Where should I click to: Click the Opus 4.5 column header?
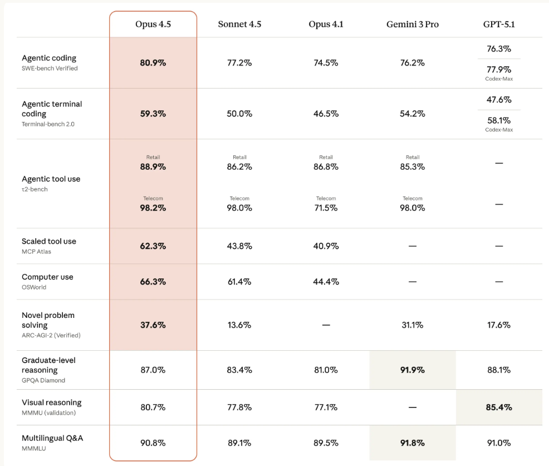[x=153, y=24]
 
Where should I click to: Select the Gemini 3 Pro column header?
[x=412, y=24]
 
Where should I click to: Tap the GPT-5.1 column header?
[x=499, y=24]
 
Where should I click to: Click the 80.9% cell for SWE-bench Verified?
[x=153, y=63]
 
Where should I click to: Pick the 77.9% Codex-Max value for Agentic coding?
[x=499, y=70]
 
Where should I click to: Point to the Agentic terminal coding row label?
[x=51, y=109]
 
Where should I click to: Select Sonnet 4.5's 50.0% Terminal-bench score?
[x=239, y=114]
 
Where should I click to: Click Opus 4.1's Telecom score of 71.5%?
[x=326, y=208]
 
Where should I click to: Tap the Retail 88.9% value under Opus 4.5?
[x=153, y=166]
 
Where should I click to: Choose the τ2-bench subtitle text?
[x=35, y=189]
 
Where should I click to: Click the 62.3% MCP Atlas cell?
[x=153, y=246]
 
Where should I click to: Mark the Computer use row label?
[x=47, y=277]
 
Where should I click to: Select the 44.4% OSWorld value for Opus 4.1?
[x=326, y=282]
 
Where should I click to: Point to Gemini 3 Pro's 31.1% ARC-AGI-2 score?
[x=412, y=325]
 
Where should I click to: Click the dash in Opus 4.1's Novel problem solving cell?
[x=326, y=325]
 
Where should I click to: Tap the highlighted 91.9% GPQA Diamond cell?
[x=412, y=370]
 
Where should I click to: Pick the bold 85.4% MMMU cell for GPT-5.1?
[x=499, y=408]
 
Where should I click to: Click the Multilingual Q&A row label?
[x=52, y=438]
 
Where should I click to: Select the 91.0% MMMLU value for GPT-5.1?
[x=499, y=443]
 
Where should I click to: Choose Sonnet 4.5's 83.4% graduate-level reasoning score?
[x=239, y=370]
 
